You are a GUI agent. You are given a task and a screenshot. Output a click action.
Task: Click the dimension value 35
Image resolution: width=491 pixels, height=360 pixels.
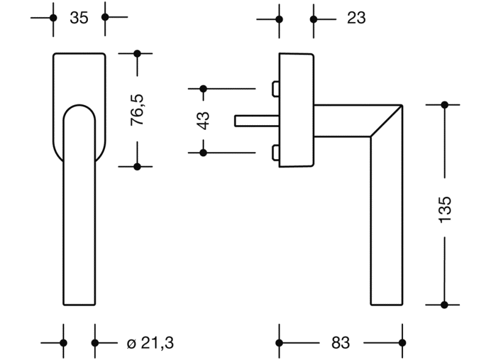(x=79, y=18)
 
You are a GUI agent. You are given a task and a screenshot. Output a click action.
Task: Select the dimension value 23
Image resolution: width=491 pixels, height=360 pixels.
(x=356, y=18)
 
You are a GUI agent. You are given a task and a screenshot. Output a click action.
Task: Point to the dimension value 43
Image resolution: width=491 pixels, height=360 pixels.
(x=204, y=120)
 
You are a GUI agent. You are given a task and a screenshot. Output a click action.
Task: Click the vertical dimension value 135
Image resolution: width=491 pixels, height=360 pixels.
(x=445, y=209)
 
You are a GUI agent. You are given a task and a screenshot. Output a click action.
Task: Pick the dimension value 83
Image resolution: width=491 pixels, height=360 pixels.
(x=340, y=343)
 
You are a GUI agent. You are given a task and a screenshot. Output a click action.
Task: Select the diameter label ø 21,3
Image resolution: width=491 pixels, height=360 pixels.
(x=145, y=343)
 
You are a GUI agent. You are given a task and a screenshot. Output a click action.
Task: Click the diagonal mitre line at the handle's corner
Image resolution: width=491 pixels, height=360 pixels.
(x=387, y=121)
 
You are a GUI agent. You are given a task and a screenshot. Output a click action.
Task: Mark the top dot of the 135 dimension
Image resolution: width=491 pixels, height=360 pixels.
(x=445, y=105)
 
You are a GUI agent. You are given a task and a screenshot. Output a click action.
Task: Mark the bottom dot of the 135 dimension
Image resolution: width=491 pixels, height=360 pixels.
(x=445, y=304)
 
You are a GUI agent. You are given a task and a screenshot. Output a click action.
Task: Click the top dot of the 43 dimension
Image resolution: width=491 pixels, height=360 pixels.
(x=203, y=89)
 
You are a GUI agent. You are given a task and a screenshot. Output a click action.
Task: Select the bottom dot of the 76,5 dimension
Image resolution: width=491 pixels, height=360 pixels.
(x=137, y=166)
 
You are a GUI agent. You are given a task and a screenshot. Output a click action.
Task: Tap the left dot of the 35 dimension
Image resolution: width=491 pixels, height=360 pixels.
(x=53, y=18)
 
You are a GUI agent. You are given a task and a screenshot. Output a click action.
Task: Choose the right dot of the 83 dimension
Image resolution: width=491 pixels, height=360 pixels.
(x=402, y=343)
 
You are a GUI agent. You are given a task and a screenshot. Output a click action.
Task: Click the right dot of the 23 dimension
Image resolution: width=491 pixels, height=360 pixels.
(x=314, y=19)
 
